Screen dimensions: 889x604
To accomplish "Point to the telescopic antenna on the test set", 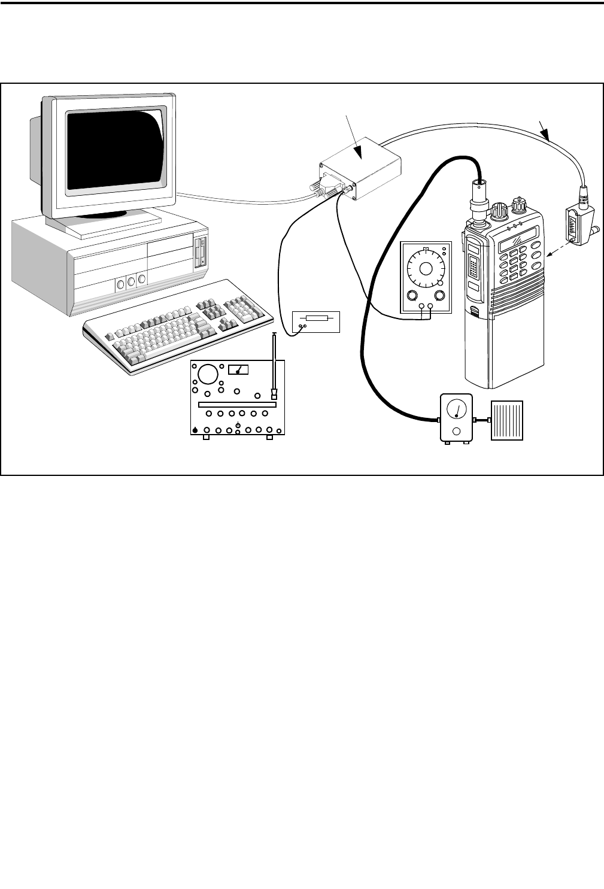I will [274, 365].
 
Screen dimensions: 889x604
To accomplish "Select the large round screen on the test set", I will [208, 375].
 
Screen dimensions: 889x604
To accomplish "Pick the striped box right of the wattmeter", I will [507, 421].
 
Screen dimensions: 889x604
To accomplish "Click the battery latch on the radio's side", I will [474, 311].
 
